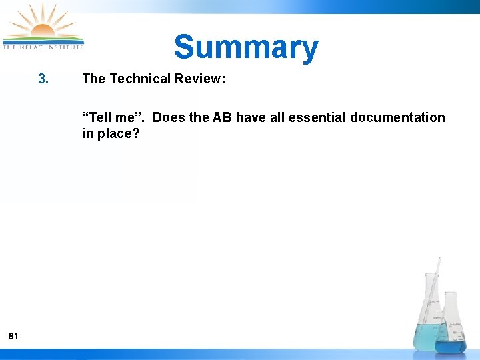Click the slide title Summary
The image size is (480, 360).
pos(246,47)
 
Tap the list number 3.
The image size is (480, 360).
pos(43,79)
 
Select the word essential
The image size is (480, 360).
pos(317,118)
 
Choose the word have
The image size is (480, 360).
pos(251,118)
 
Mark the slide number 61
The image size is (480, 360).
pos(13,337)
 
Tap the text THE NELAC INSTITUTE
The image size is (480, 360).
pos(43,47)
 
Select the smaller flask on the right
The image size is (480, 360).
pos(451,327)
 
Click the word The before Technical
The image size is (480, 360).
pos(93,79)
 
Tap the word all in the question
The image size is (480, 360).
pos(277,118)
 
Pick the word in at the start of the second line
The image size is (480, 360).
pos(87,133)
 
